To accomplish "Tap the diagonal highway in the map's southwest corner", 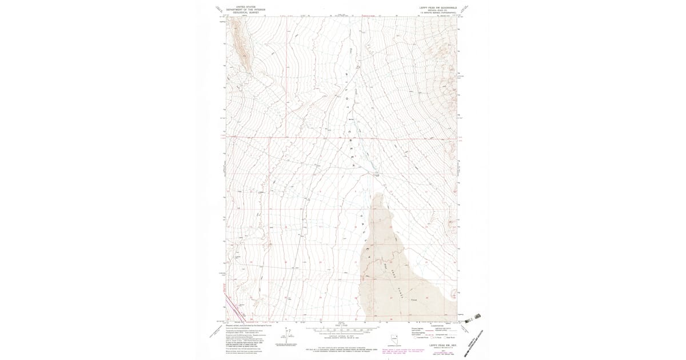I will coord(229,306).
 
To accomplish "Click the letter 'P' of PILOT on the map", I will coord(348,75).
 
